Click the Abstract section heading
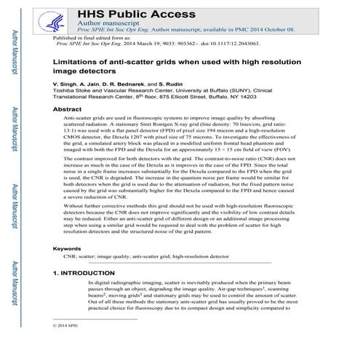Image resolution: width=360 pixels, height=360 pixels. [68, 108]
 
